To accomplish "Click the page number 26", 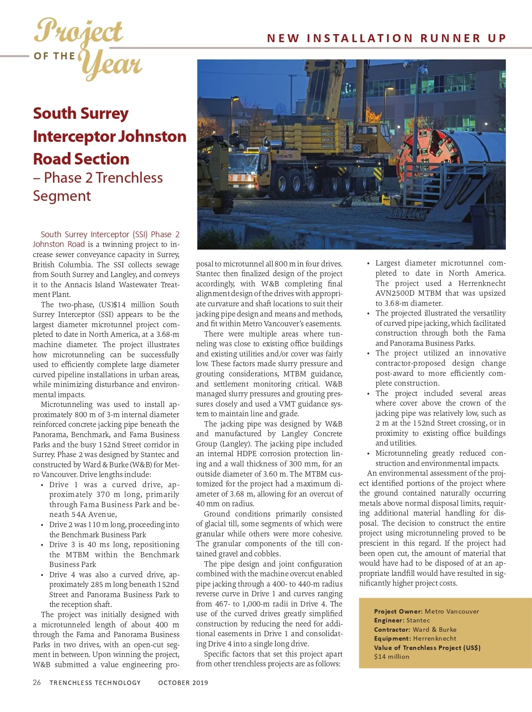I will click(37, 682).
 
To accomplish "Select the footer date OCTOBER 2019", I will click(183, 683).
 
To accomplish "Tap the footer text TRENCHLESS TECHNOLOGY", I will click(95, 683).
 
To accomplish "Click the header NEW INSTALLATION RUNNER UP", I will click(386, 38).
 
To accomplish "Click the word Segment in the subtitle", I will click(62, 196).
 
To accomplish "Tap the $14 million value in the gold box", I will click(391, 657).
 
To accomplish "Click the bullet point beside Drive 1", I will click(42, 485).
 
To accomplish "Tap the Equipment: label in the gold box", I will click(392, 638).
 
